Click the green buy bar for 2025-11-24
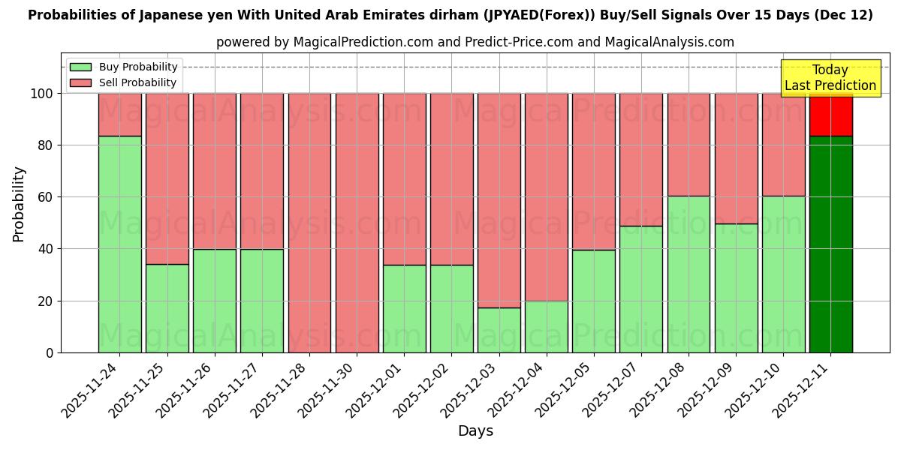[119, 244]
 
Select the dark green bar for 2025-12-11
[830, 244]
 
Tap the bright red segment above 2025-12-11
[830, 115]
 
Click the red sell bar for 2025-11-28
[309, 223]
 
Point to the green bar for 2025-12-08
[689, 274]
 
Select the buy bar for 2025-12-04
[546, 326]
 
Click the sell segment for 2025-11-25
[167, 178]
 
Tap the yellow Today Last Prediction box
[830, 78]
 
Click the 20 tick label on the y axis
[46, 301]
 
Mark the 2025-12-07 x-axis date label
[613, 390]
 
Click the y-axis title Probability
[19, 204]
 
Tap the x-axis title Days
[475, 431]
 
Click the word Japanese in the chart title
[167, 15]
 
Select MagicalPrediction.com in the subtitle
[363, 42]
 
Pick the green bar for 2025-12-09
[736, 288]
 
